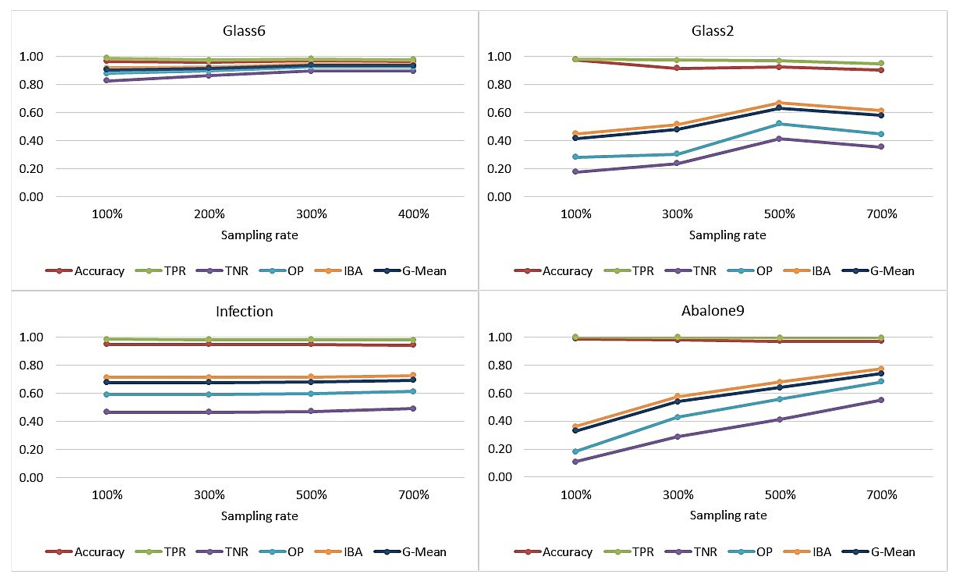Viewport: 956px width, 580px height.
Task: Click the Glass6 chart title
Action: pyautogui.click(x=244, y=31)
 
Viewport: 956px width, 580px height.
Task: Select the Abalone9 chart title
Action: pyautogui.click(x=713, y=311)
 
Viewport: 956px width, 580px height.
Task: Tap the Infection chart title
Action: pyautogui.click(x=244, y=311)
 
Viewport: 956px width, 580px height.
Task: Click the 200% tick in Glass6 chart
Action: pyautogui.click(x=209, y=214)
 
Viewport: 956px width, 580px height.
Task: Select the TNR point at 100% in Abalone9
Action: pyautogui.click(x=575, y=461)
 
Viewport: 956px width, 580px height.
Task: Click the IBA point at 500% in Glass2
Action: pyautogui.click(x=779, y=103)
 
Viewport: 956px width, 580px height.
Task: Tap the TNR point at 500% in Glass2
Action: pyautogui.click(x=779, y=139)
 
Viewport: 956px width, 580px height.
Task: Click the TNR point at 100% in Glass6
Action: pyautogui.click(x=107, y=80)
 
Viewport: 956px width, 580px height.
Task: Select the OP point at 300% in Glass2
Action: pyautogui.click(x=677, y=154)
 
